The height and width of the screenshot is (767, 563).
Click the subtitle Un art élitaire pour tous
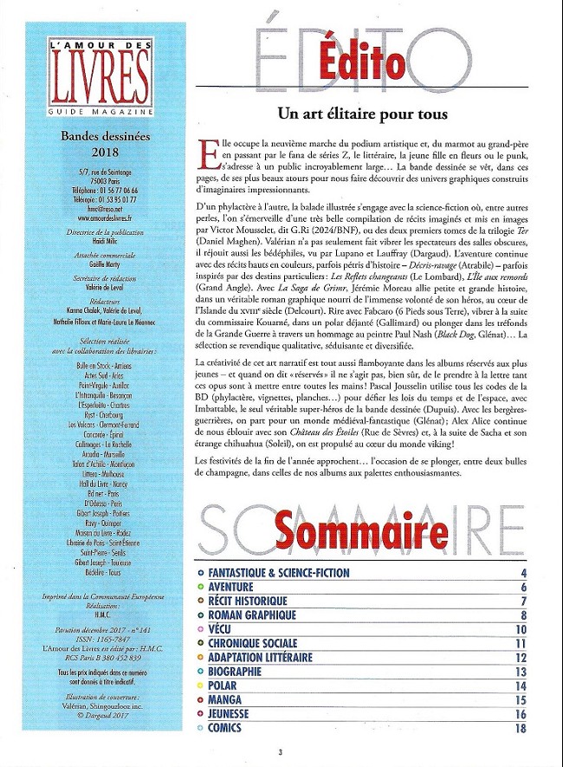362,114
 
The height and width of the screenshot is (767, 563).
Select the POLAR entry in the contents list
225,685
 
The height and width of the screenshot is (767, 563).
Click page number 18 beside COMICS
521,728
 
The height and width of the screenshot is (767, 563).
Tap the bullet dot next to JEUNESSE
201,713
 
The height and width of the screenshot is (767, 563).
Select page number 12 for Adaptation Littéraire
521,657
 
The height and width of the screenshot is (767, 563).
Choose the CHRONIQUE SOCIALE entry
253,643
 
